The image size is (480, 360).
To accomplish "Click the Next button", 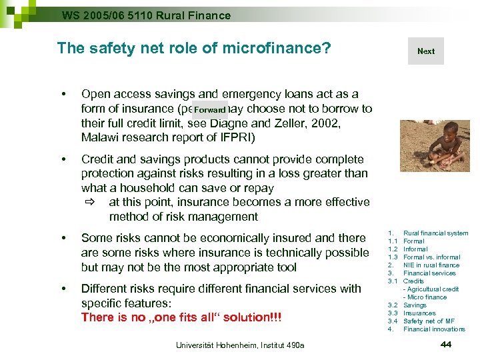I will click(425, 51).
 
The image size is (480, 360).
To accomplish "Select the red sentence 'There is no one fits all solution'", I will click(181, 317).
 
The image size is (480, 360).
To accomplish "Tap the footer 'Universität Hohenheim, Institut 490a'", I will click(239, 345).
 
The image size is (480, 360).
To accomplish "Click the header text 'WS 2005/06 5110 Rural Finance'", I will click(146, 15).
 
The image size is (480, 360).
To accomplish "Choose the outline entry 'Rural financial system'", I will click(435, 233).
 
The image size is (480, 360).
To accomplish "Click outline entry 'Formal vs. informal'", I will click(431, 257).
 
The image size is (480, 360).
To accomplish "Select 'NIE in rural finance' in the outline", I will click(431, 265).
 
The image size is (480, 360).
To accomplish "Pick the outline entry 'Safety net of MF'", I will click(429, 321).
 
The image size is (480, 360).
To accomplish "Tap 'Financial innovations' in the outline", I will click(434, 329).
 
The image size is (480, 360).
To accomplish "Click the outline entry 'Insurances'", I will click(419, 313).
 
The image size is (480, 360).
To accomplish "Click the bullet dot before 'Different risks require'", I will click(62, 289).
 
